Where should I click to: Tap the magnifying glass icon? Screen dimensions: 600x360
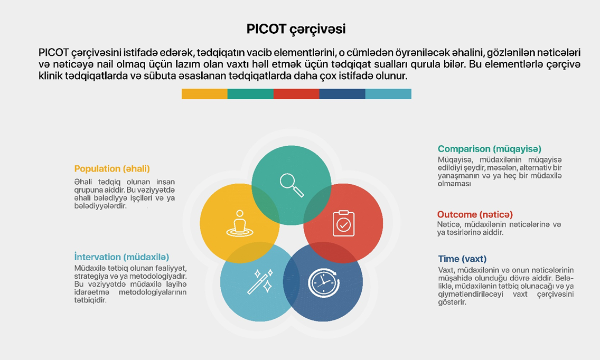[292, 185]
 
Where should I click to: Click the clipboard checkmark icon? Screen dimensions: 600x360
[343, 223]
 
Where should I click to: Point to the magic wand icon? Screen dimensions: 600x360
[260, 281]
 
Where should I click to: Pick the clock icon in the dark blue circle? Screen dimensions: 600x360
[324, 283]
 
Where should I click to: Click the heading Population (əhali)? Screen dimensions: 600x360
[112, 169]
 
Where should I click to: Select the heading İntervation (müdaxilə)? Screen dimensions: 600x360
[121, 257]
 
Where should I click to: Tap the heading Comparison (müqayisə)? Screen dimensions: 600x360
[490, 149]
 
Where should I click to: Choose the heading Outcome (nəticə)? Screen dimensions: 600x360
[475, 214]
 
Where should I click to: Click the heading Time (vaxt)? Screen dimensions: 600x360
[462, 259]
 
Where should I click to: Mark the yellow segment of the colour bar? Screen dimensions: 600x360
[205, 94]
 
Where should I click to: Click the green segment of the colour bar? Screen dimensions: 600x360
[251, 94]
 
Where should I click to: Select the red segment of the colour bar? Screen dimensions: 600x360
[296, 94]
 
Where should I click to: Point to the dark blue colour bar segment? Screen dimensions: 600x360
[342, 94]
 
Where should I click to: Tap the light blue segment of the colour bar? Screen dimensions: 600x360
[388, 94]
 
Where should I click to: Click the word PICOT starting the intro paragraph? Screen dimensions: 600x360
[53, 52]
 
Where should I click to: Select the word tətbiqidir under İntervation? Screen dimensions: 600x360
[90, 300]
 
